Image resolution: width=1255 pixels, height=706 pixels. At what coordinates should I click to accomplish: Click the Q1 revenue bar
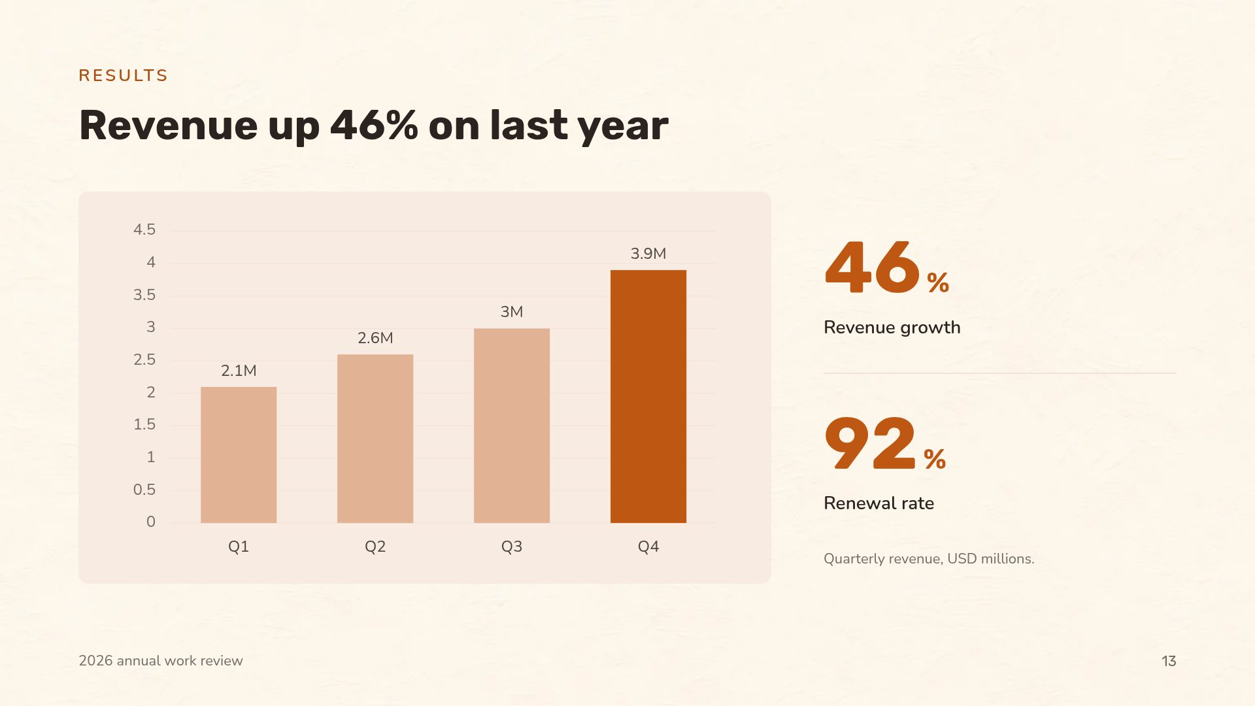coord(239,455)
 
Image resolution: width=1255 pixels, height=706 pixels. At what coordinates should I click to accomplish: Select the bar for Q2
coord(375,439)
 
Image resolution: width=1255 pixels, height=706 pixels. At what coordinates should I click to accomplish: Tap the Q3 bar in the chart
coord(512,426)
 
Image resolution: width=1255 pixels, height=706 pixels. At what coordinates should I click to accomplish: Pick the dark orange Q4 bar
coord(648,396)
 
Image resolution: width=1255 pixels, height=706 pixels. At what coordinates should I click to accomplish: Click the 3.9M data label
coord(648,254)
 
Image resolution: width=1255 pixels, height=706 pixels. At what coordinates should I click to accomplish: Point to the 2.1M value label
coord(239,371)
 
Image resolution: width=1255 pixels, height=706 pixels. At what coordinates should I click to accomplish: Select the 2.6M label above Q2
coord(375,338)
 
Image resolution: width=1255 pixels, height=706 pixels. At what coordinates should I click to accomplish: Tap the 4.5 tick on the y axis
coord(144,229)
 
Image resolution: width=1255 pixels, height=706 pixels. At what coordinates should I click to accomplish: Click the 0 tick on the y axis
coord(151,522)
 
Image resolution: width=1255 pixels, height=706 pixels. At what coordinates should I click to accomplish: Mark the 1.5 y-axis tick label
coord(144,424)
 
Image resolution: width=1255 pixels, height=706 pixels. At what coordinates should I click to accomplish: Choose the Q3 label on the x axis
coord(512,546)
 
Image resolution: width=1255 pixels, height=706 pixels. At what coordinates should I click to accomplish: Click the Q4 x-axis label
coord(648,546)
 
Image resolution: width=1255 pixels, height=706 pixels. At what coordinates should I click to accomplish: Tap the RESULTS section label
coord(123,76)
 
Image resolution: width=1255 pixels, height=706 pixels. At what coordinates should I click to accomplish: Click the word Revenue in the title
coord(169,126)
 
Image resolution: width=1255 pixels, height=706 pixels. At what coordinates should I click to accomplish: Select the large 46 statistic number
coord(873,267)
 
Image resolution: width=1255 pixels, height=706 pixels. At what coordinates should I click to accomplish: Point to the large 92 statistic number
coord(871,443)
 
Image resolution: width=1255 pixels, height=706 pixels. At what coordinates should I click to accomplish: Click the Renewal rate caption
coord(878,503)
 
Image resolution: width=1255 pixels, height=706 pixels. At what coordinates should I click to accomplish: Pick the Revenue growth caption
coord(892,328)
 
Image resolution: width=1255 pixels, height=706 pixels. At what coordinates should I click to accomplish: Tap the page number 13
coord(1169,661)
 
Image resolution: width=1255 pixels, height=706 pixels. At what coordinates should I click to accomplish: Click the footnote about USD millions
coord(929,559)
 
